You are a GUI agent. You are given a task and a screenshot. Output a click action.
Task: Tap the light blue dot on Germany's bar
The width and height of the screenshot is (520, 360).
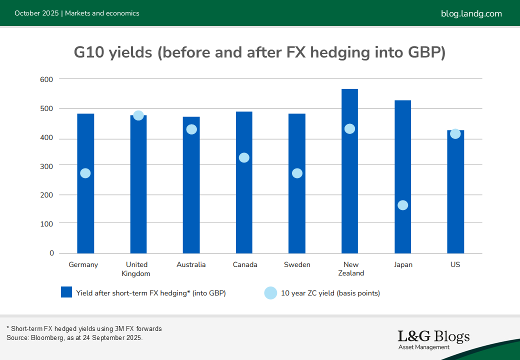[x=85, y=173]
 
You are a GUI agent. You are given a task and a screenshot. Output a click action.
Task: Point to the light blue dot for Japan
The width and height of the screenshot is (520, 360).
[x=402, y=205]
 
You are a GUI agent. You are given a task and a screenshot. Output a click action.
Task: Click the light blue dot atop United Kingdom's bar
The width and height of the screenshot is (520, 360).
[x=138, y=115]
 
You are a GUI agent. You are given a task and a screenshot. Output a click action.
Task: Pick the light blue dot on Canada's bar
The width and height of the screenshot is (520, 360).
[x=244, y=157]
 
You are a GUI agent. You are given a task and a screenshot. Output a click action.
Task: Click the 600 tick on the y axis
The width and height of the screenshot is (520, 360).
[x=46, y=79]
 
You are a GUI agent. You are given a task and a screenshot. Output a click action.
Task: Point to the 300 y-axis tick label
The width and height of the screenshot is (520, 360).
[x=46, y=165]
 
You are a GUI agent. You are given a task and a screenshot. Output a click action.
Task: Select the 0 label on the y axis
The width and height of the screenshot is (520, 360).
[x=51, y=253]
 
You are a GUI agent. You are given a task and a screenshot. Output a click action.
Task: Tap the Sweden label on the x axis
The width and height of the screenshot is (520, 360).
[x=297, y=264]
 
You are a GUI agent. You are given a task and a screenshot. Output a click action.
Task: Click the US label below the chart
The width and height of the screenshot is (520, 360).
[x=455, y=264]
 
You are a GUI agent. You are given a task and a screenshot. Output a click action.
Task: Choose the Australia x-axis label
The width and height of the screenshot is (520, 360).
[x=191, y=264]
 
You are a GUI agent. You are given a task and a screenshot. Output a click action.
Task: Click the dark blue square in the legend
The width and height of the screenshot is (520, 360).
[x=66, y=292]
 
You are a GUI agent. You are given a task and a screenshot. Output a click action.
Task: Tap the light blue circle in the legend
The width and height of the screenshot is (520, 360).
[x=270, y=293]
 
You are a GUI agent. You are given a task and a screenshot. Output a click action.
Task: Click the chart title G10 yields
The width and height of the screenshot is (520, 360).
[x=259, y=52]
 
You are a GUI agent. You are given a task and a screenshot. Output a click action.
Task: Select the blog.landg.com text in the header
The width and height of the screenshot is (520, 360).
[x=471, y=13]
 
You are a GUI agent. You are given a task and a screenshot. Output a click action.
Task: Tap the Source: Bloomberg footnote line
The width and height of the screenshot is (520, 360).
[x=74, y=337]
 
